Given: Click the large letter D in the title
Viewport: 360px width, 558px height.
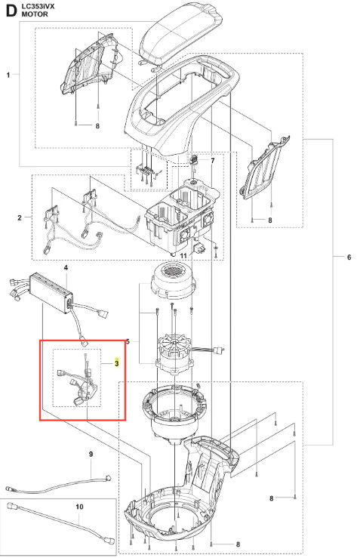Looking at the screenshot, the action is [12, 11].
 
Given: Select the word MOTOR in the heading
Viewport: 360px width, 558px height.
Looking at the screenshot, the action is [35, 14].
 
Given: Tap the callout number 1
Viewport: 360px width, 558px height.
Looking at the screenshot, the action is [8, 75].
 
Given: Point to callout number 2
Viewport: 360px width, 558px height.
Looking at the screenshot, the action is [20, 217].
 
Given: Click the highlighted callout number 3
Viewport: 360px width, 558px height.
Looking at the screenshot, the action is [117, 363].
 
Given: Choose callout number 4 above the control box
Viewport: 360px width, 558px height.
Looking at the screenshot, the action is [66, 267].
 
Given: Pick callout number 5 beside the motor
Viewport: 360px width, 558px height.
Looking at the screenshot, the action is [128, 341].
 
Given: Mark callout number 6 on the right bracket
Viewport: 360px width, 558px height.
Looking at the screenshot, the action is [349, 257].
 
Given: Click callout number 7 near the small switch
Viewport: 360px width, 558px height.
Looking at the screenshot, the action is [213, 161].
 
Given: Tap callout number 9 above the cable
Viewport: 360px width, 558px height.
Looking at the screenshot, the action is [91, 454].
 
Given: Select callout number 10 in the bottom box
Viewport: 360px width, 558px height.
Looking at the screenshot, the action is [79, 507].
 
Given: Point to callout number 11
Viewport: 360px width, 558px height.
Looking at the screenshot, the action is [183, 256].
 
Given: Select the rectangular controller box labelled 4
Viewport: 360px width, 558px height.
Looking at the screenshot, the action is [51, 292].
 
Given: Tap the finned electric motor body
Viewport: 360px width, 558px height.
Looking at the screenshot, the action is [175, 353].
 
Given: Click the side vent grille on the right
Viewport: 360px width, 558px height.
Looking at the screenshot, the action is [264, 167].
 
